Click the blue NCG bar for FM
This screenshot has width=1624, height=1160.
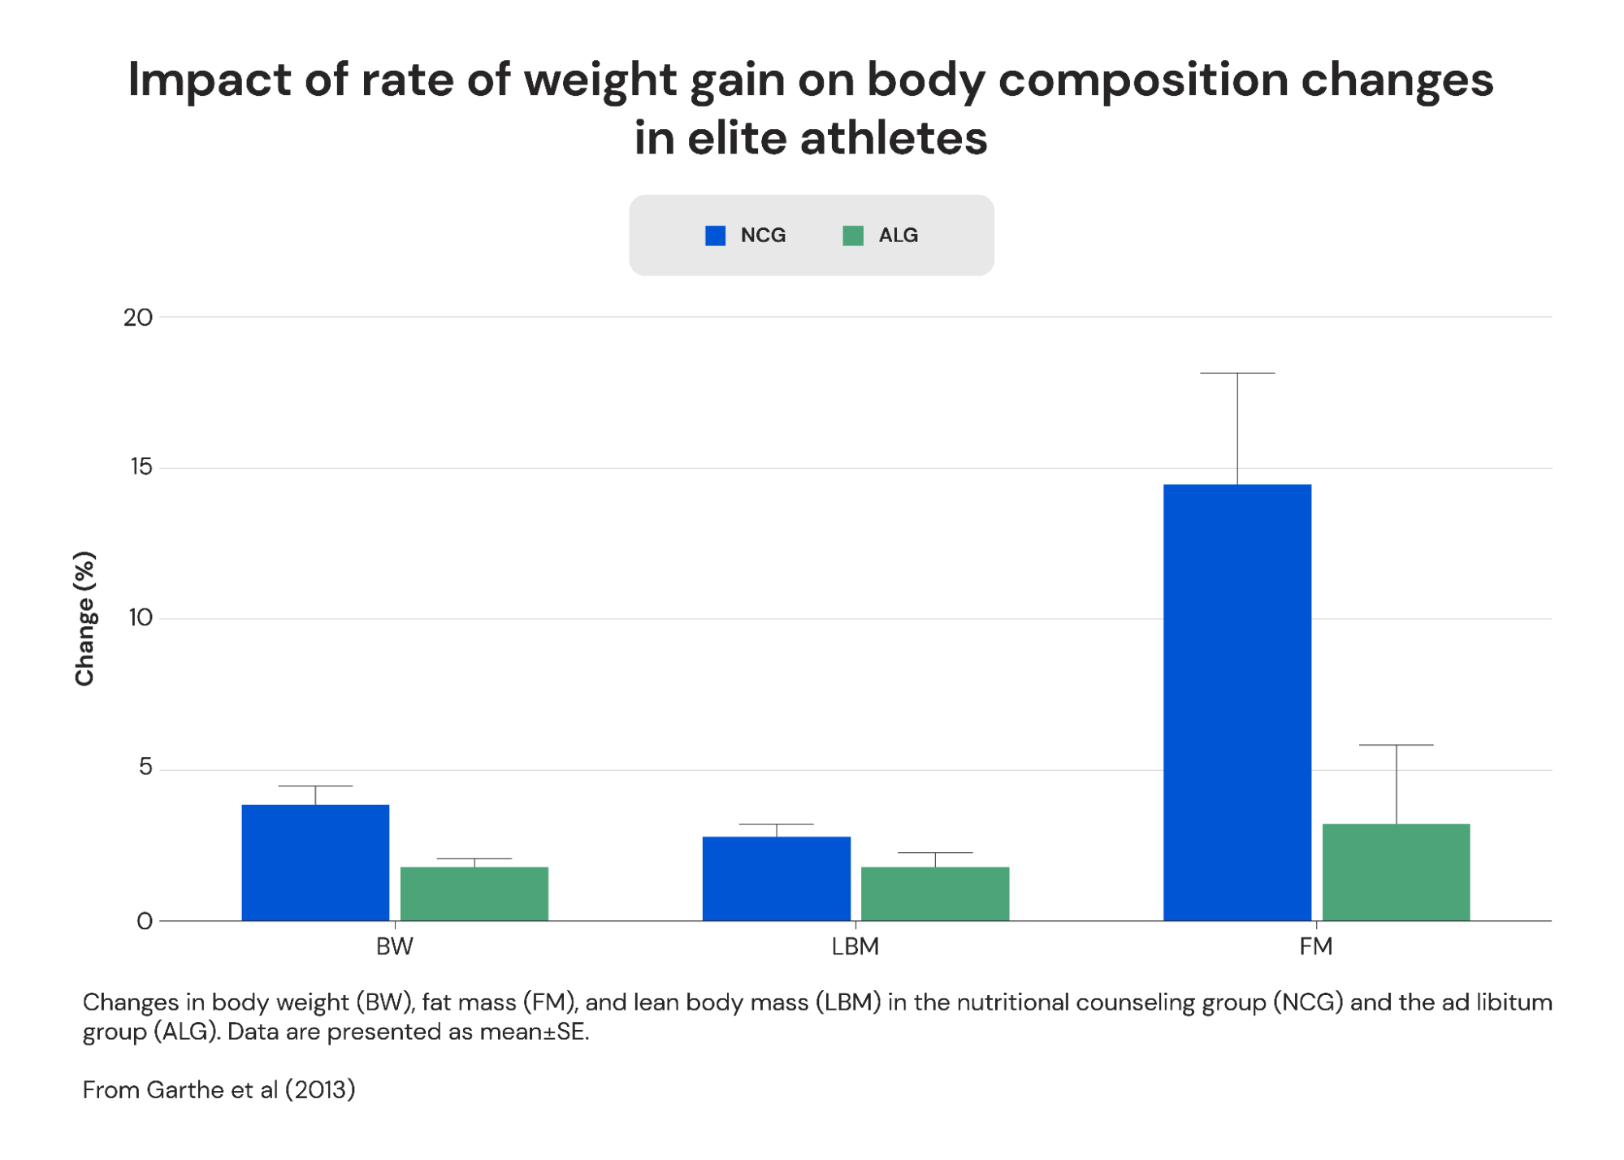(1236, 703)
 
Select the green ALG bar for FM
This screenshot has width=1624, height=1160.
(1396, 872)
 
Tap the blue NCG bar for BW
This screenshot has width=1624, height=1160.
(315, 863)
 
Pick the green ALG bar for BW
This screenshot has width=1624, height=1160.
(474, 894)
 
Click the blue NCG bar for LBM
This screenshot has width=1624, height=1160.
(776, 878)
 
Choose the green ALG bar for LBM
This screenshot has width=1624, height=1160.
(935, 894)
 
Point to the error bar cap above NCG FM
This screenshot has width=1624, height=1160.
(1237, 373)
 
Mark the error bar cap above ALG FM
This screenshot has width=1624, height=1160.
(1396, 744)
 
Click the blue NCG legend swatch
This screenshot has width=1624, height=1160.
(715, 236)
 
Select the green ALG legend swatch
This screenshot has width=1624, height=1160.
(853, 236)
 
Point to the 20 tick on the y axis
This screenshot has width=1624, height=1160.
(138, 318)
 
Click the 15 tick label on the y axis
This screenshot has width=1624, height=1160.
(141, 467)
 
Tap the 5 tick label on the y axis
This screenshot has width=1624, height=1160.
(145, 767)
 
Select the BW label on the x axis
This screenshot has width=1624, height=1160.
(395, 946)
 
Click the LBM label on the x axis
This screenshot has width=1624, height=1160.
(855, 946)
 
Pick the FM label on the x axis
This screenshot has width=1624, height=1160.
(1315, 946)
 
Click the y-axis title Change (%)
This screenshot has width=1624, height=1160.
(84, 618)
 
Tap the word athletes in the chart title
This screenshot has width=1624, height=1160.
(894, 138)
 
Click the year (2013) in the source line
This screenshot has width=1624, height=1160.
(320, 1089)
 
